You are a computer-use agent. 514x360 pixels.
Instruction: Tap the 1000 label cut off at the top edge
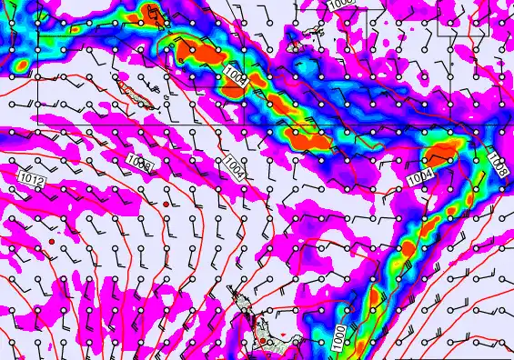[x=341, y=4]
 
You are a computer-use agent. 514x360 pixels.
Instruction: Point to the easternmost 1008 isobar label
[x=498, y=164]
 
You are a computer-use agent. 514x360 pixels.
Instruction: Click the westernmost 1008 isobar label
[x=139, y=163]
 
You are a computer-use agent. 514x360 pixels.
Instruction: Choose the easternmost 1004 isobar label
[x=420, y=178]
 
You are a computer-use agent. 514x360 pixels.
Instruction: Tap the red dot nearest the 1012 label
[x=52, y=243]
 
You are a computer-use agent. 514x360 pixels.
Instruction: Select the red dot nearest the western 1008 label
[x=165, y=205]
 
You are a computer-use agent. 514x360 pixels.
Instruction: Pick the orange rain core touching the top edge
[x=150, y=12]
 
